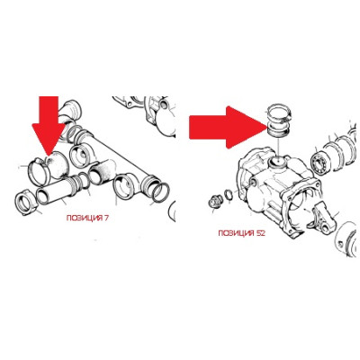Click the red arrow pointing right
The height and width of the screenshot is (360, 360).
click(228, 127)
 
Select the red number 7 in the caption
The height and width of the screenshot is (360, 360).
click(106, 218)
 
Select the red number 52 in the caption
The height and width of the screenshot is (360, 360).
click(261, 233)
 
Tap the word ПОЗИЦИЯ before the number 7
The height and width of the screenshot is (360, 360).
click(85, 218)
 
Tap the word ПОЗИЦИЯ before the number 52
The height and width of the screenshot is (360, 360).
click(237, 233)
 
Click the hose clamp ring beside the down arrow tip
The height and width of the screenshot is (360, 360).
click(39, 172)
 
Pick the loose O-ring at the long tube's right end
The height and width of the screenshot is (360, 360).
click(161, 193)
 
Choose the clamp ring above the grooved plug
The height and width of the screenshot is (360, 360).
click(278, 112)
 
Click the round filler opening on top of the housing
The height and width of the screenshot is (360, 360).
click(277, 163)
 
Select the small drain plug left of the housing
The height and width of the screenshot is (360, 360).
click(214, 201)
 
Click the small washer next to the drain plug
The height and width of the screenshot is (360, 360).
click(229, 195)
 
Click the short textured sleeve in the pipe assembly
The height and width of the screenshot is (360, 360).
click(101, 172)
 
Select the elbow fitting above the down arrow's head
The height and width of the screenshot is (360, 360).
click(69, 114)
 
